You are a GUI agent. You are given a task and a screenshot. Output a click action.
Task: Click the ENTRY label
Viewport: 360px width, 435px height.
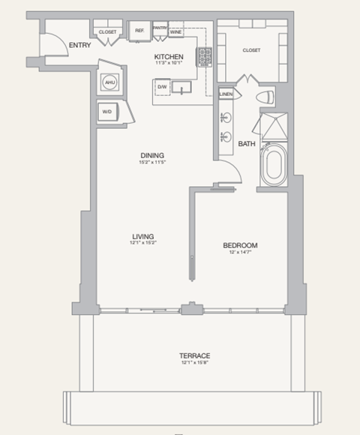79,46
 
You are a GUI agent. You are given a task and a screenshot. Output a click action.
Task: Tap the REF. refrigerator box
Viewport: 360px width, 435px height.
139,31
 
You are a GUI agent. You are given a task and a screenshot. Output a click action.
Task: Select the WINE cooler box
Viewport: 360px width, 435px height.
175,32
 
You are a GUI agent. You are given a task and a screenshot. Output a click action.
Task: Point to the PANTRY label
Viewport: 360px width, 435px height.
159,28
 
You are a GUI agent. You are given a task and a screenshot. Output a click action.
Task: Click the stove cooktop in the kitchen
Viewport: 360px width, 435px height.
204,56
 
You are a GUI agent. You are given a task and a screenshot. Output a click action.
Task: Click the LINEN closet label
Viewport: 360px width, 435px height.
226,94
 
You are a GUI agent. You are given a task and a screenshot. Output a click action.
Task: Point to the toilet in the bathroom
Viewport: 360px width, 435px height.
265,98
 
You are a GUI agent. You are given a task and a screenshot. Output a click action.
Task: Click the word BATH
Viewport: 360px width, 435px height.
247,143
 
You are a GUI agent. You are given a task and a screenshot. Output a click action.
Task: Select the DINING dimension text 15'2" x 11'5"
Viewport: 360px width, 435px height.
151,163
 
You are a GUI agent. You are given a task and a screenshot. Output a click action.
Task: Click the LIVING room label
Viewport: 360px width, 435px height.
141,235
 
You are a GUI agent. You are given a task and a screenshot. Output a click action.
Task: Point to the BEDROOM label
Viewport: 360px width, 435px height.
240,245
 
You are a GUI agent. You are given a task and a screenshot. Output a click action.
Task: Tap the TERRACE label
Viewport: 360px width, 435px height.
194,355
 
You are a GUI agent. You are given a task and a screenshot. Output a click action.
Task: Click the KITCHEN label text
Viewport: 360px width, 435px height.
169,56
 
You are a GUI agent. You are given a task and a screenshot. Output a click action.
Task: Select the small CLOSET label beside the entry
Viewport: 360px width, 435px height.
107,32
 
